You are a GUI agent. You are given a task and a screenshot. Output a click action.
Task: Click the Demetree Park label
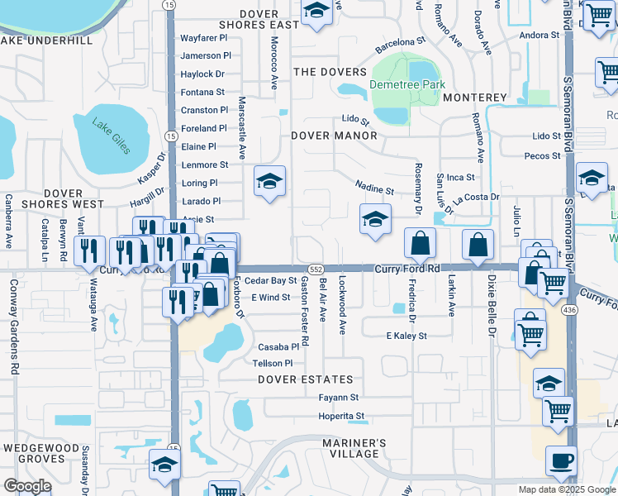tap(407, 85)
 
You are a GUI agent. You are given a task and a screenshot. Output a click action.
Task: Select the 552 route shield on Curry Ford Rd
tap(316, 269)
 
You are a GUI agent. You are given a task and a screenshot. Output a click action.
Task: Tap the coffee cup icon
tap(561, 460)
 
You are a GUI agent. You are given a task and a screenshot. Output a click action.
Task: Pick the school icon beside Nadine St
tap(375, 219)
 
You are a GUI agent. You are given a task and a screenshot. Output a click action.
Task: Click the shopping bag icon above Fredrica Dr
tap(420, 244)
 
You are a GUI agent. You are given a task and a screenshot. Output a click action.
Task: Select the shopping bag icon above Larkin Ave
tap(478, 244)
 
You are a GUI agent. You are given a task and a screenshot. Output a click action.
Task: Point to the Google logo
tap(27, 486)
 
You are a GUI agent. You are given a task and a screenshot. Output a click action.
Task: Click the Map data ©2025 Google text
tap(566, 489)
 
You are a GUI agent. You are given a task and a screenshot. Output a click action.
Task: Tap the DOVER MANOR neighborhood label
tap(334, 136)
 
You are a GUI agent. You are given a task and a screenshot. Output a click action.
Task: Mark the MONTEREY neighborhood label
tap(474, 98)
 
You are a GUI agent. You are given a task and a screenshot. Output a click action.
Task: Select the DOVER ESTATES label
tap(305, 380)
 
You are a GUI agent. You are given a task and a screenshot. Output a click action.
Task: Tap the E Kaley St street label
tap(406, 336)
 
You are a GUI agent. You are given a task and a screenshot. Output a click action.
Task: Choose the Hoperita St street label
tap(341, 417)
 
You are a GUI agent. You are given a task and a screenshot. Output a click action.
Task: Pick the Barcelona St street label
tap(400, 45)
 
